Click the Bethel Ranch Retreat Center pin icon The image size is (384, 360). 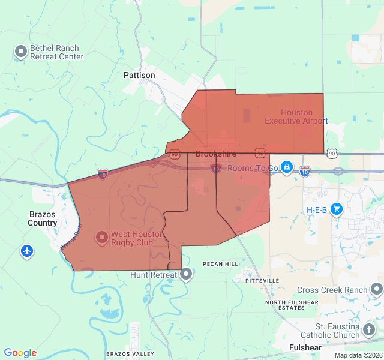point(21,52)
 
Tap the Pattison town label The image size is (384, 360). point(139,76)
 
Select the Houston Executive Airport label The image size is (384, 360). point(296,116)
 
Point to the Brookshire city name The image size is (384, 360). point(216,154)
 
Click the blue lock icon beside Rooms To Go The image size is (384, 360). point(287,167)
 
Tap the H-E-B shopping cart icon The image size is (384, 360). point(336,209)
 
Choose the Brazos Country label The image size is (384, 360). point(43,218)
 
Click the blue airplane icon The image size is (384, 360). point(26,251)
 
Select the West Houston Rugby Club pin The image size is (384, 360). point(101,238)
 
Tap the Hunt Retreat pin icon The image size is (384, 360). point(186,275)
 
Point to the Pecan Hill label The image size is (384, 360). point(221,264)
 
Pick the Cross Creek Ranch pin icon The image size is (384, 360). point(376,290)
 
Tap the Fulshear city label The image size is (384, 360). point(305,347)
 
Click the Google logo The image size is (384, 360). point(20,353)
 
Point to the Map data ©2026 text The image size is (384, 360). point(358,355)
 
